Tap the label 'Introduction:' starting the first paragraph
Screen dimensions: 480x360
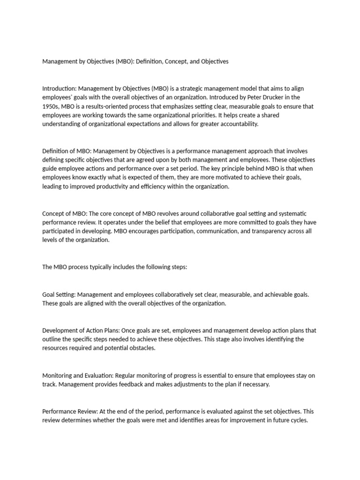[x=60, y=88]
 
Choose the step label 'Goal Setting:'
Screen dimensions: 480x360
[x=59, y=294]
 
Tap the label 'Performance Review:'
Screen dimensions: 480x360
[x=69, y=411]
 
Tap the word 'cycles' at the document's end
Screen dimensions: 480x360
[x=298, y=420]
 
